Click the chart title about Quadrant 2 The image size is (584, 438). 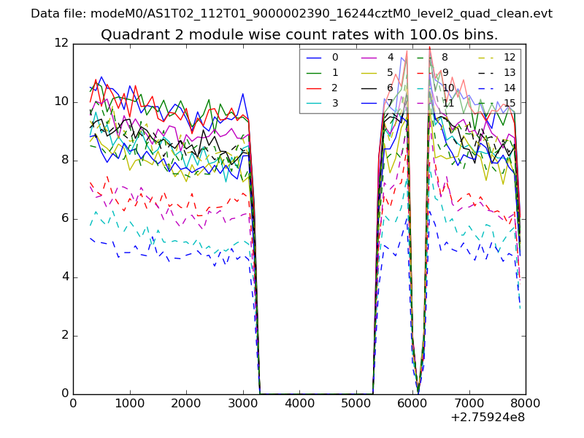tap(299, 35)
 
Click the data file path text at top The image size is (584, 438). tap(291, 14)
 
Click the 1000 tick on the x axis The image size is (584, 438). tap(129, 402)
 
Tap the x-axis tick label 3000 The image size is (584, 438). tap(242, 402)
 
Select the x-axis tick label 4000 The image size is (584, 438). tap(299, 402)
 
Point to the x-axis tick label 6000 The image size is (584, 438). tap(412, 402)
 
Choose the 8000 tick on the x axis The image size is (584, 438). tap(526, 402)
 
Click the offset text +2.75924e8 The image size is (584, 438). tap(488, 418)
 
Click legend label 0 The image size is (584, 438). tap(335, 57)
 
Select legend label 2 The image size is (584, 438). tap(335, 88)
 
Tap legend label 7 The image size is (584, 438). tap(390, 103)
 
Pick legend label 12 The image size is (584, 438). tap(510, 57)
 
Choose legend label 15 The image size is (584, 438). tap(510, 103)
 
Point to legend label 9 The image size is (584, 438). tap(445, 72)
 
